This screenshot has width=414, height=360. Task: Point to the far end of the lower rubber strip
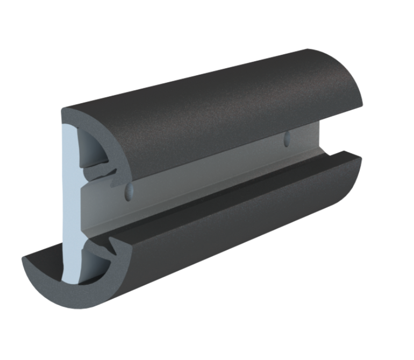(355, 172)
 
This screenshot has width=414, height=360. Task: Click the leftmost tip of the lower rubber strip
(24, 261)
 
